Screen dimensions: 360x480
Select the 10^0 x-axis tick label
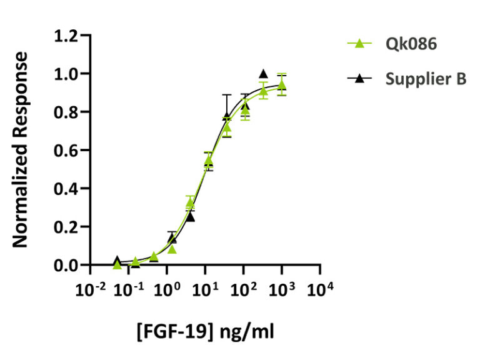[x=167, y=289]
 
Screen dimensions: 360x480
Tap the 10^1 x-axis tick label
[x=205, y=289]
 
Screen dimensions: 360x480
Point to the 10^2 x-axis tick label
[x=243, y=289]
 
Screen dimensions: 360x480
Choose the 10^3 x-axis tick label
[x=282, y=289]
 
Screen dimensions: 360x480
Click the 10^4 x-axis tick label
[x=320, y=289]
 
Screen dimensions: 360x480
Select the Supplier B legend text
[x=426, y=79]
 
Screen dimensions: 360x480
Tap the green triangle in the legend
[x=359, y=44]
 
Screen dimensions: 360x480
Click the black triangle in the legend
[x=359, y=79]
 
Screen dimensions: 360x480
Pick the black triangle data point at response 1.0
[x=263, y=74]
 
